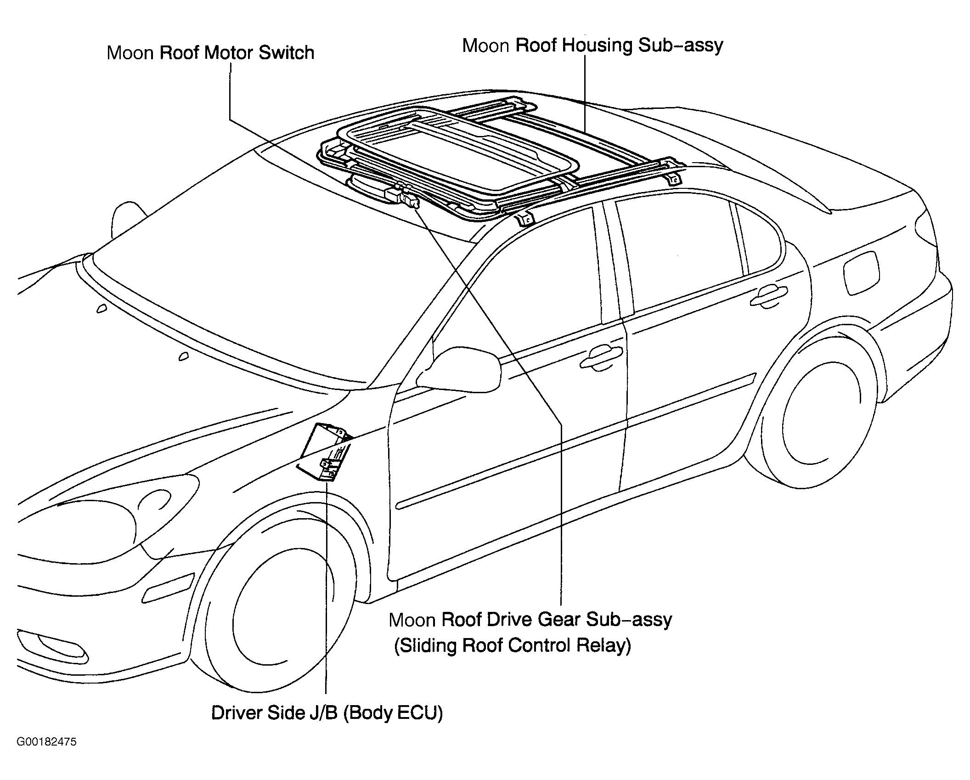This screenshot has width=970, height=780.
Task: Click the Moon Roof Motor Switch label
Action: click(210, 53)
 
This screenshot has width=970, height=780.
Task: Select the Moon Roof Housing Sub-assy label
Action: click(592, 46)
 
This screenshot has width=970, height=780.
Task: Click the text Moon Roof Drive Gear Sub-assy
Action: click(530, 620)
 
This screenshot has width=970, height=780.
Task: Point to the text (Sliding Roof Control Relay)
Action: click(513, 646)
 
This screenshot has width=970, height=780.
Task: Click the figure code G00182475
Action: click(47, 755)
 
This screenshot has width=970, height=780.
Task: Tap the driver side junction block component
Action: click(324, 452)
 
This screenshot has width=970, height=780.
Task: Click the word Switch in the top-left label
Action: click(287, 53)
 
